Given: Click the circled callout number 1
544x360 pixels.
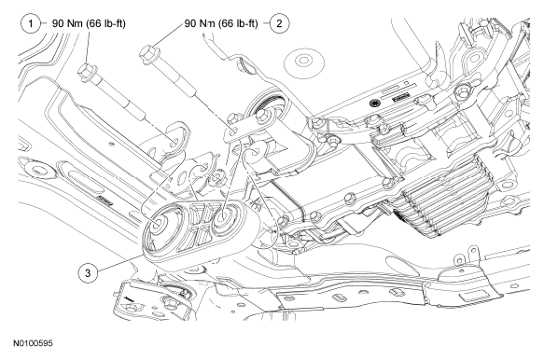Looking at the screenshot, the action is point(31,23).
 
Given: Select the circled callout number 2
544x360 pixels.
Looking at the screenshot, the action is point(279,23).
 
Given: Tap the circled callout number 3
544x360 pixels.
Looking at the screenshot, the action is point(88,273).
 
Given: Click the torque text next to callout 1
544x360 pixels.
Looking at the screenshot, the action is point(89,23).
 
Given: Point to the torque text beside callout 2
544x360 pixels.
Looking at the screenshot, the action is point(221,23).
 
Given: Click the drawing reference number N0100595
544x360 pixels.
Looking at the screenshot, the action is point(34,343).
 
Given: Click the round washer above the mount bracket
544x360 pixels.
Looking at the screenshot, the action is point(304,62).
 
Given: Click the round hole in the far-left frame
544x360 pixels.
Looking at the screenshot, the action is point(37,171).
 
